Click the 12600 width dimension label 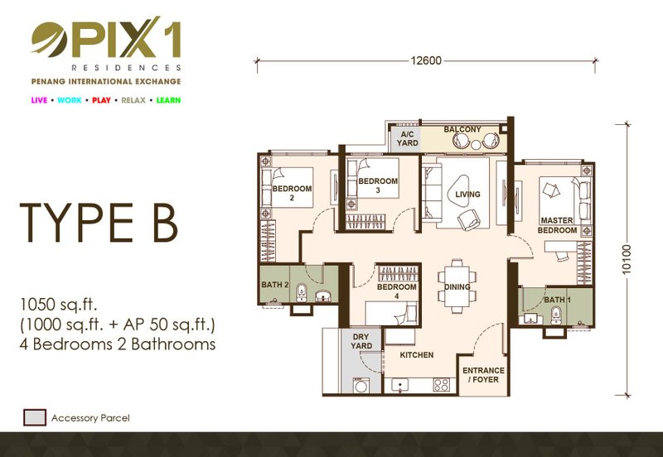(426, 60)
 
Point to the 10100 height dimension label (627, 259)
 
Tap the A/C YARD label (407, 138)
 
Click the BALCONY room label (462, 129)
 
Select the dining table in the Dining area (457, 286)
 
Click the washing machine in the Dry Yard (361, 385)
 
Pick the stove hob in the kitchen (442, 385)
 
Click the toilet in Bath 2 (301, 292)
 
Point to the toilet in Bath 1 (556, 315)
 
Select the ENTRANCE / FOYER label (483, 375)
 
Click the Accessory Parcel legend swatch (35, 417)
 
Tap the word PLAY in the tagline (101, 100)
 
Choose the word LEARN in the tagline (168, 100)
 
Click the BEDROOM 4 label (397, 291)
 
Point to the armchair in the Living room (468, 219)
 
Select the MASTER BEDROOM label (557, 225)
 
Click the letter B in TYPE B (164, 223)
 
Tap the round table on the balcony (476, 144)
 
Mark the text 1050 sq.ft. (59, 304)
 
